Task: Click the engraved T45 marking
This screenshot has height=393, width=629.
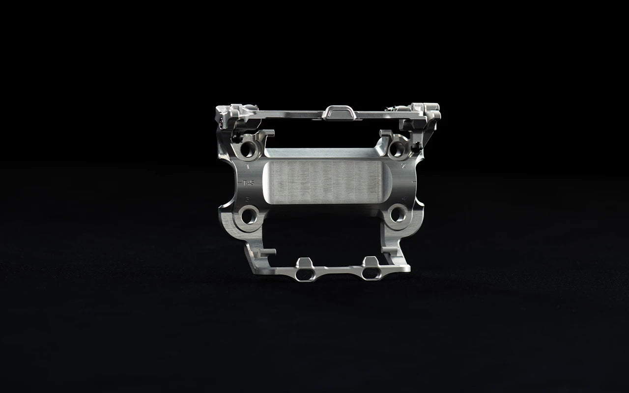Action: (x=249, y=183)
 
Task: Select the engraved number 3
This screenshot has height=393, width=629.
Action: (x=248, y=198)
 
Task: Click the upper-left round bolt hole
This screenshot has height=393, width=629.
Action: (x=248, y=148)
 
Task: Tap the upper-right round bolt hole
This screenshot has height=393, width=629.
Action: (x=396, y=148)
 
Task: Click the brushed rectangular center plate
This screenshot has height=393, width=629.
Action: (x=323, y=182)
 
